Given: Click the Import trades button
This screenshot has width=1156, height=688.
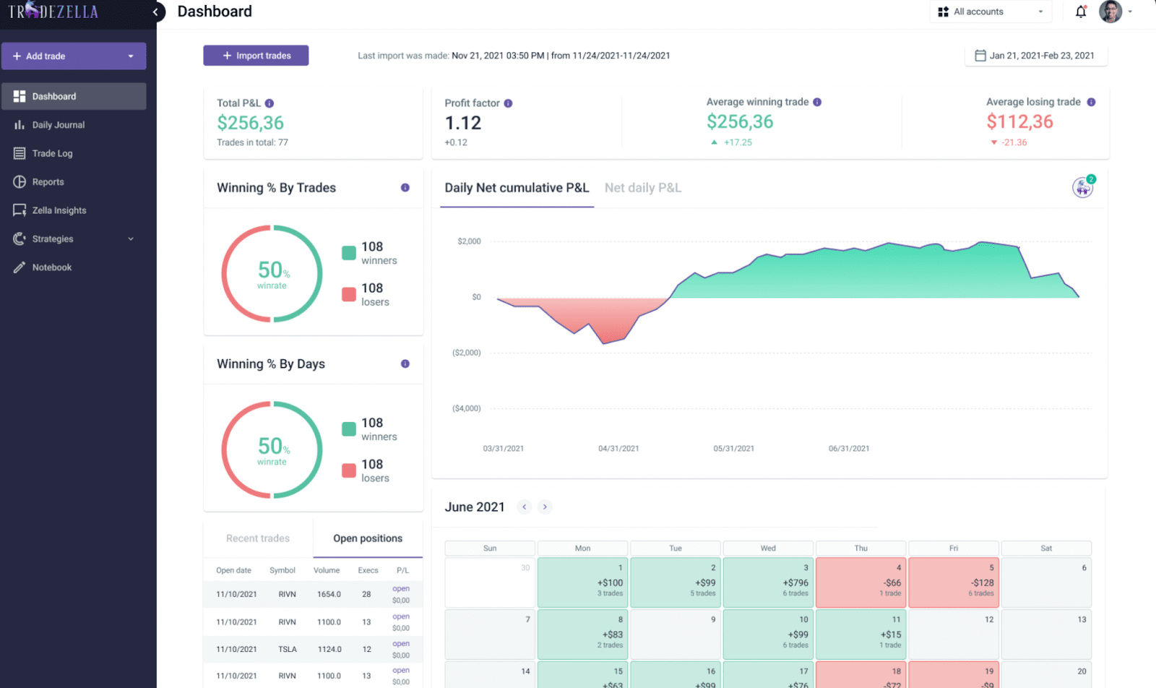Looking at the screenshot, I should (x=256, y=56).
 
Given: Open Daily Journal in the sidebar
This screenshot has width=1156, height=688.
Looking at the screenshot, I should (x=58, y=125).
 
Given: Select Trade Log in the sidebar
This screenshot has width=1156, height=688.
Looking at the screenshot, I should (x=52, y=153).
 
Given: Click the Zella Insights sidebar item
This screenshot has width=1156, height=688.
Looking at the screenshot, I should (x=59, y=210).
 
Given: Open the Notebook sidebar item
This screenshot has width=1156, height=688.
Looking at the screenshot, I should (x=51, y=267).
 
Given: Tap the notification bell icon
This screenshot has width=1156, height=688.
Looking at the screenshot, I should (x=1080, y=12).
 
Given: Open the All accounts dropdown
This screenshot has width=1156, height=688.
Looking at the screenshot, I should (x=990, y=12).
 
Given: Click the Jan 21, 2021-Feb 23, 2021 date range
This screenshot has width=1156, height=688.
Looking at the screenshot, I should (x=1035, y=56).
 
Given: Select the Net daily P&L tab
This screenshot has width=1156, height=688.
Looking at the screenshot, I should (x=642, y=188).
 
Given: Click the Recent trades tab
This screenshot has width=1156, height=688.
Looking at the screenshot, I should (x=258, y=538).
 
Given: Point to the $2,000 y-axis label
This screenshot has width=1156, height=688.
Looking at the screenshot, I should (x=469, y=241).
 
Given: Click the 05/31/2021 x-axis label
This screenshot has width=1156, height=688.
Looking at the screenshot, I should (x=733, y=449).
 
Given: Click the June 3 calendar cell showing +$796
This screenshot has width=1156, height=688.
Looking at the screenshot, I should (x=768, y=582).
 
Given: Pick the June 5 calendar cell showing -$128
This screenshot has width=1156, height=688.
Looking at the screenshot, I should (x=954, y=582).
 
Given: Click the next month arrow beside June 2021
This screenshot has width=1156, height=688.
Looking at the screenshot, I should (x=545, y=507).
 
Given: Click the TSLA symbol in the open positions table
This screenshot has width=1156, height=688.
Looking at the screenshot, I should (x=288, y=649).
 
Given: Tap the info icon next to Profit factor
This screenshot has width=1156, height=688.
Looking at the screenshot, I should (x=508, y=103).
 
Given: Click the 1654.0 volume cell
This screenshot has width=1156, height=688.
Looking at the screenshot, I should (x=329, y=594).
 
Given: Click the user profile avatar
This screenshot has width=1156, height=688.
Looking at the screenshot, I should (x=1110, y=12).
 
